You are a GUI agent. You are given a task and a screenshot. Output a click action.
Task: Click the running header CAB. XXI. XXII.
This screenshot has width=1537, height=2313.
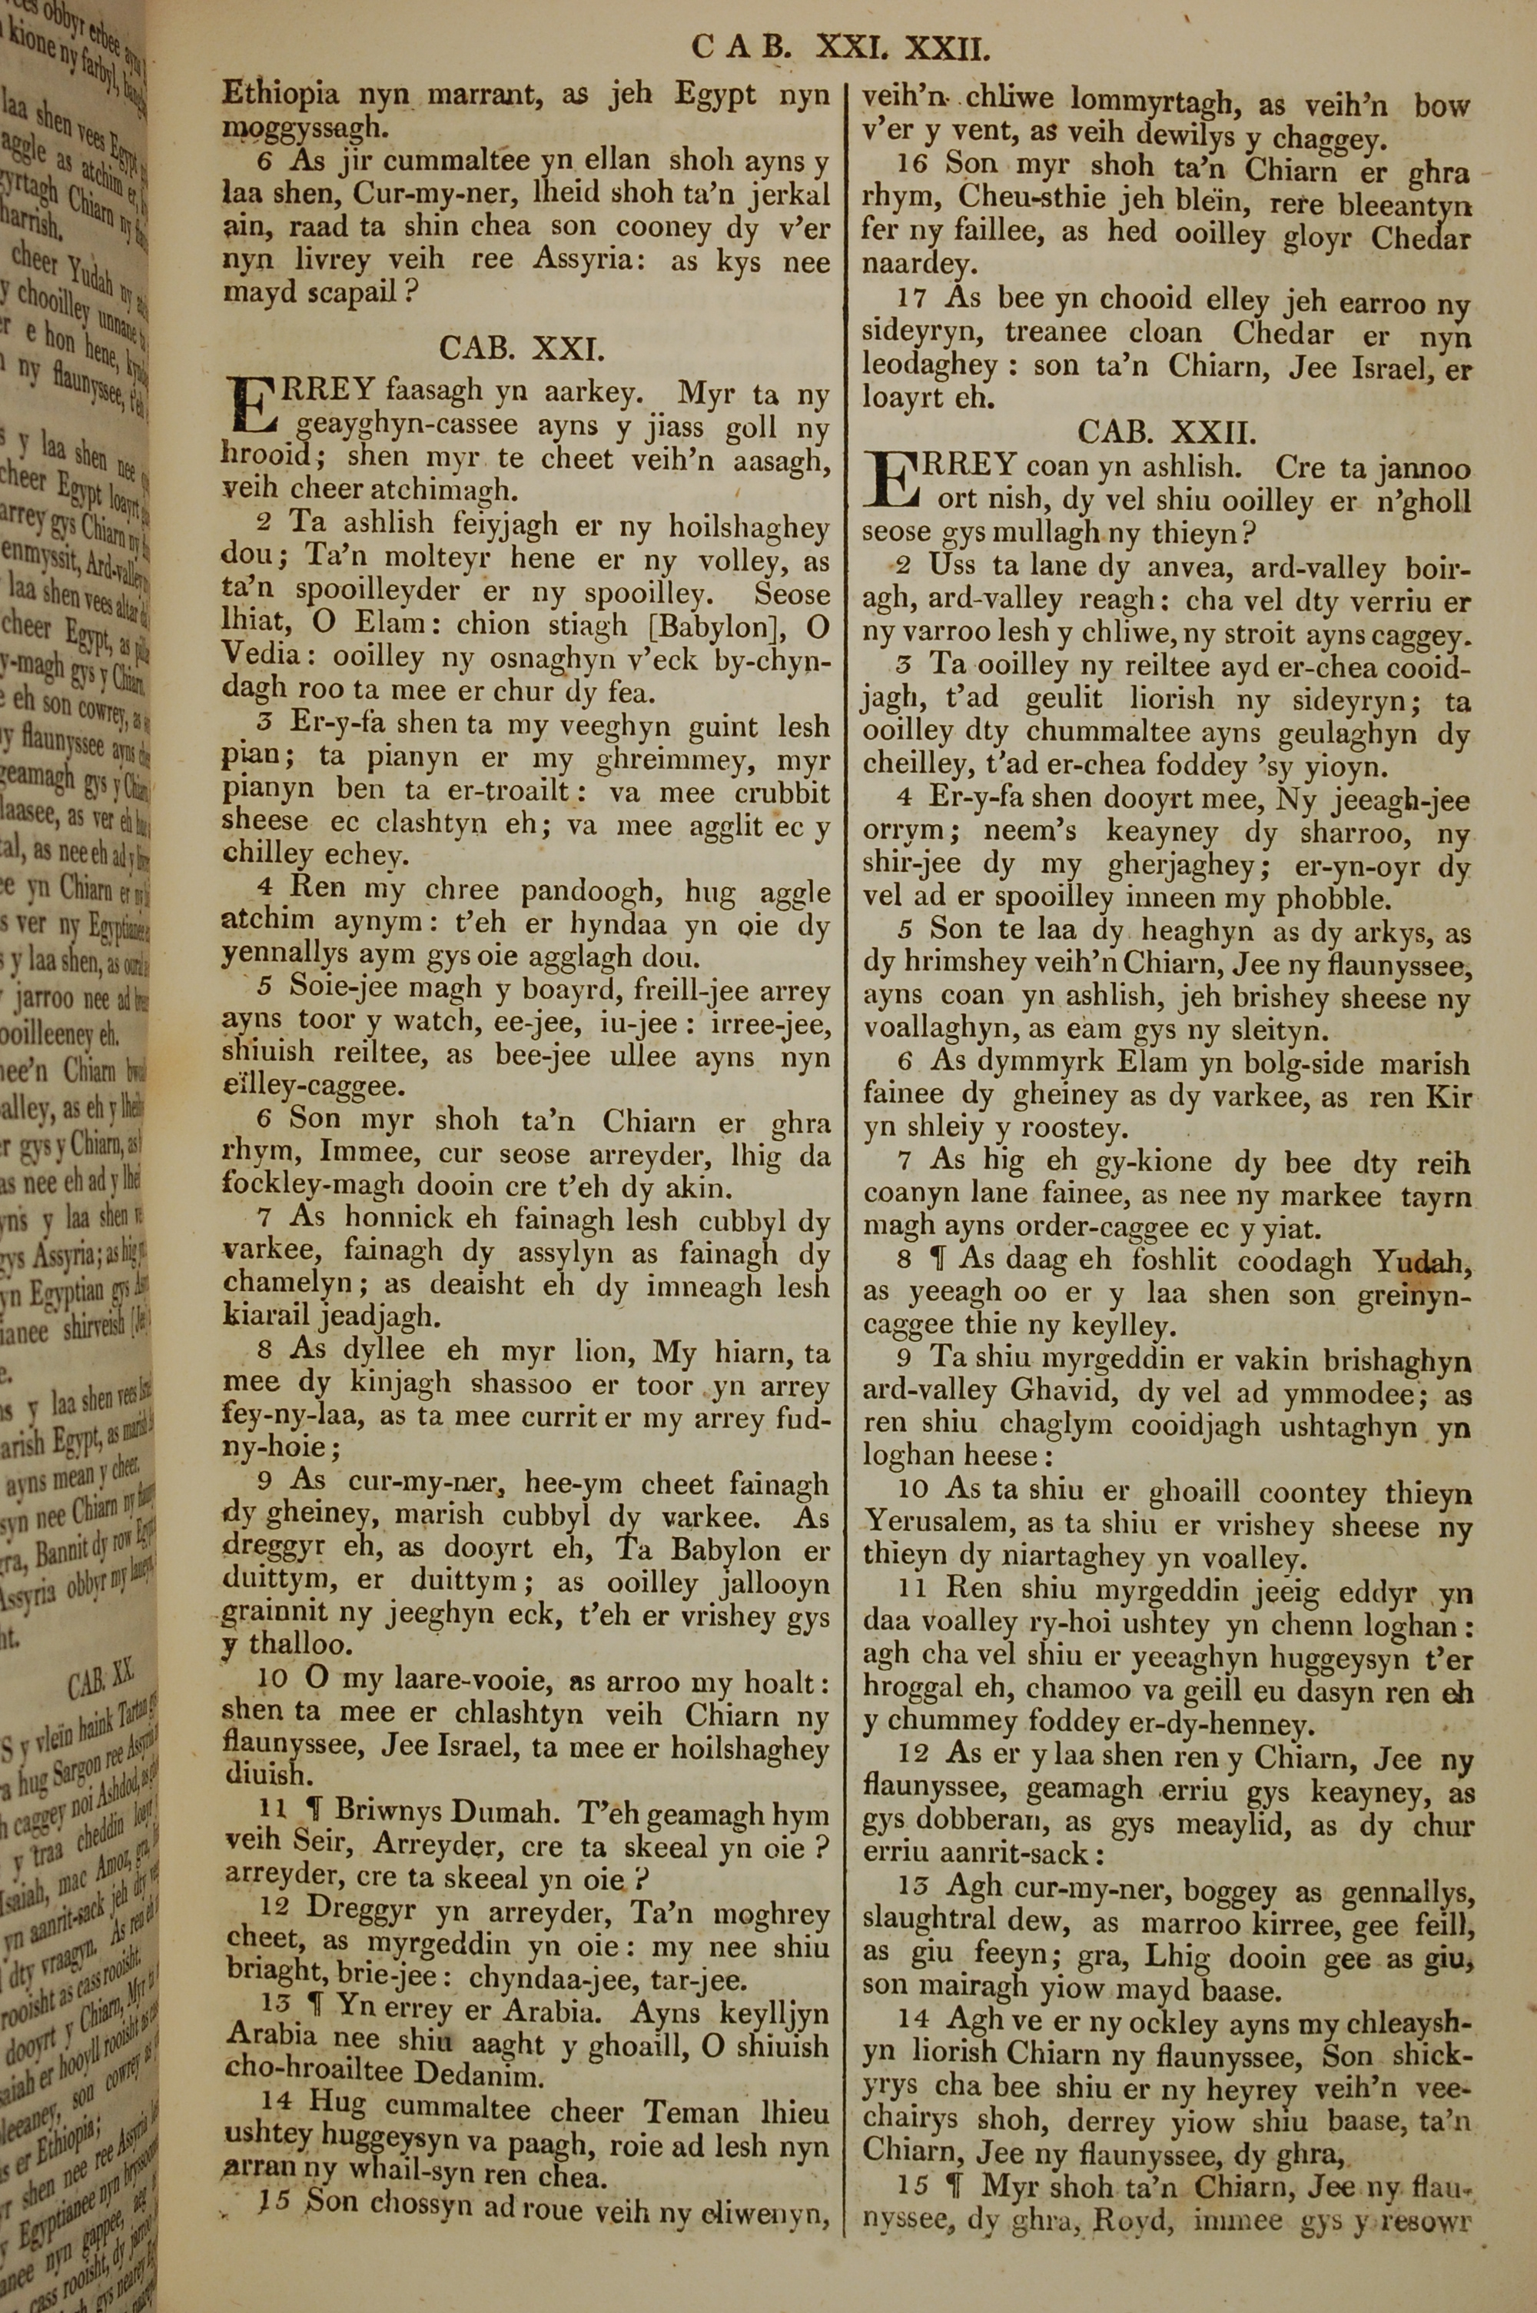point(842,46)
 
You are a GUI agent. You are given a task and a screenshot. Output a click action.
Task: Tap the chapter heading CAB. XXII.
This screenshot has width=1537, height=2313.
point(1167,431)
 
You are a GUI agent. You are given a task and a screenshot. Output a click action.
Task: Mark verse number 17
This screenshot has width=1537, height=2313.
point(915,299)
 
